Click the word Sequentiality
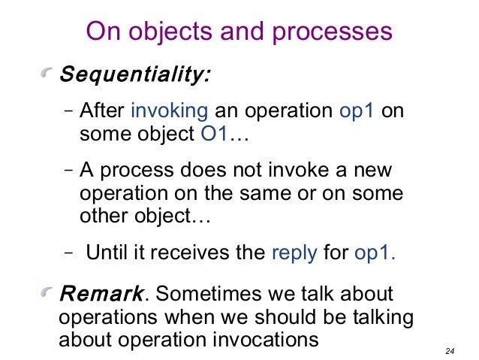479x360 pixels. click(135, 75)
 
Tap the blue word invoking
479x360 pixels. click(170, 111)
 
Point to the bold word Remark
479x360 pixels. click(101, 293)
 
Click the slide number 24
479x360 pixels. click(450, 350)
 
